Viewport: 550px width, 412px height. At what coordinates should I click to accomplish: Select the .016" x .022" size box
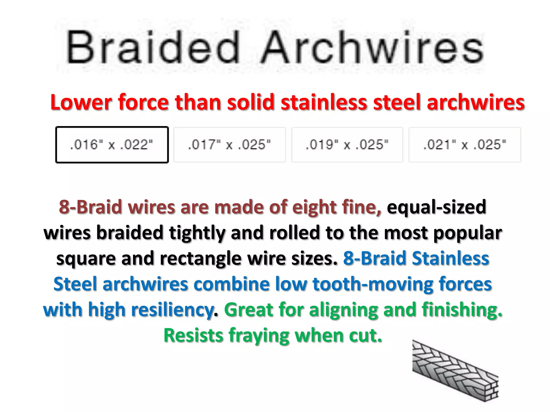pyautogui.click(x=112, y=145)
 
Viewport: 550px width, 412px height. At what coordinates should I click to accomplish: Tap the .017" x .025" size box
pyautogui.click(x=230, y=145)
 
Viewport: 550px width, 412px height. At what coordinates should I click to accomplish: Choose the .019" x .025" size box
pyautogui.click(x=347, y=145)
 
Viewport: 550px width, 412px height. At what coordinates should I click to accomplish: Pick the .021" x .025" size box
pyautogui.click(x=465, y=145)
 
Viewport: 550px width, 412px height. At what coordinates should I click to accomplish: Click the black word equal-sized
pyautogui.click(x=436, y=207)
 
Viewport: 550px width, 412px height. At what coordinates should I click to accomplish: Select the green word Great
pyautogui.click(x=248, y=310)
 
